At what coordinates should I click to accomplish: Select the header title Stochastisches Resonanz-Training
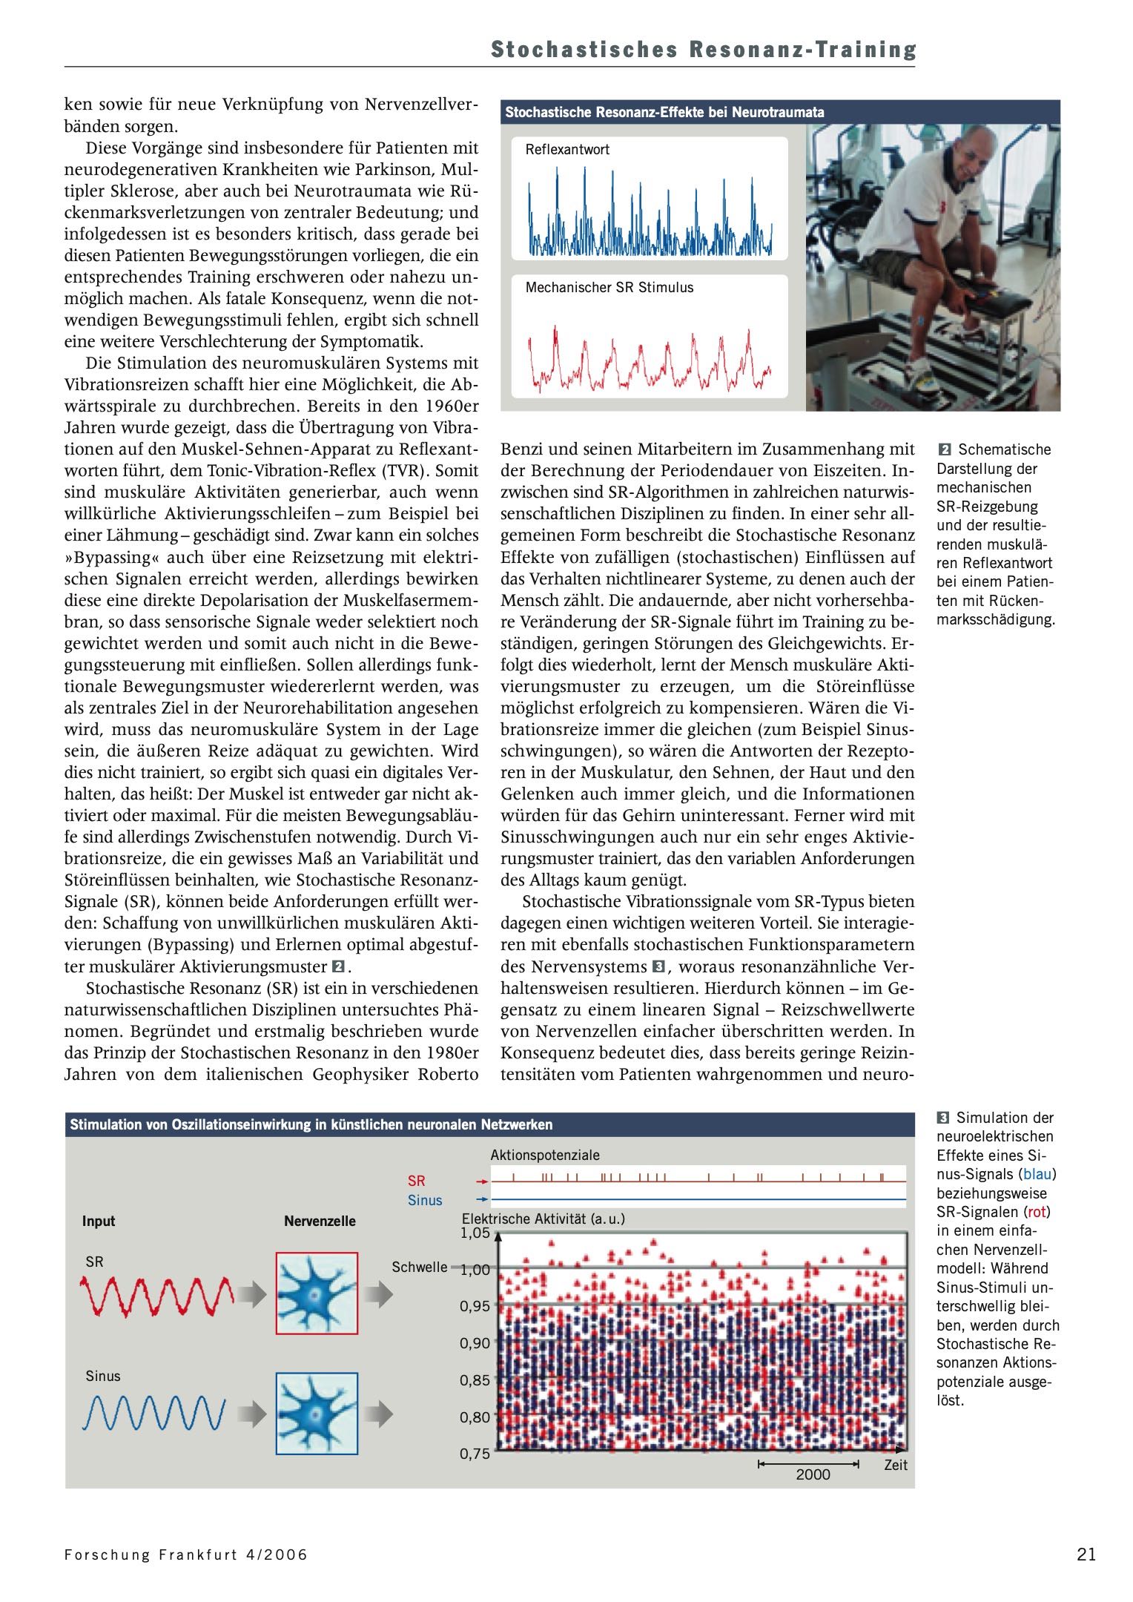click(x=703, y=50)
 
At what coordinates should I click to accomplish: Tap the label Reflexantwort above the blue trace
click(x=567, y=150)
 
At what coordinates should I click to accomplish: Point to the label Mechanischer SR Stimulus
click(x=610, y=287)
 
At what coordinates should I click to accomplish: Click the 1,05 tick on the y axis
click(x=475, y=1233)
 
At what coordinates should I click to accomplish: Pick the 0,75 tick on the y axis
click(x=475, y=1454)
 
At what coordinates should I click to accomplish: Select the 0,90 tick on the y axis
click(x=475, y=1343)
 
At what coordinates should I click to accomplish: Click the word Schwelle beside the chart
click(x=419, y=1267)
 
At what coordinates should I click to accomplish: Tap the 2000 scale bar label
click(x=813, y=1474)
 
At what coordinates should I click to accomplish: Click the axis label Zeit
click(x=896, y=1465)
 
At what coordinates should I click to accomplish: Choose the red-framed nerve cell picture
click(x=317, y=1293)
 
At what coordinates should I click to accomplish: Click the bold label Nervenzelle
click(x=320, y=1221)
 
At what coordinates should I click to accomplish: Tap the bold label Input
click(x=99, y=1221)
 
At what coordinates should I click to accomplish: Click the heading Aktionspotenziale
click(x=545, y=1155)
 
